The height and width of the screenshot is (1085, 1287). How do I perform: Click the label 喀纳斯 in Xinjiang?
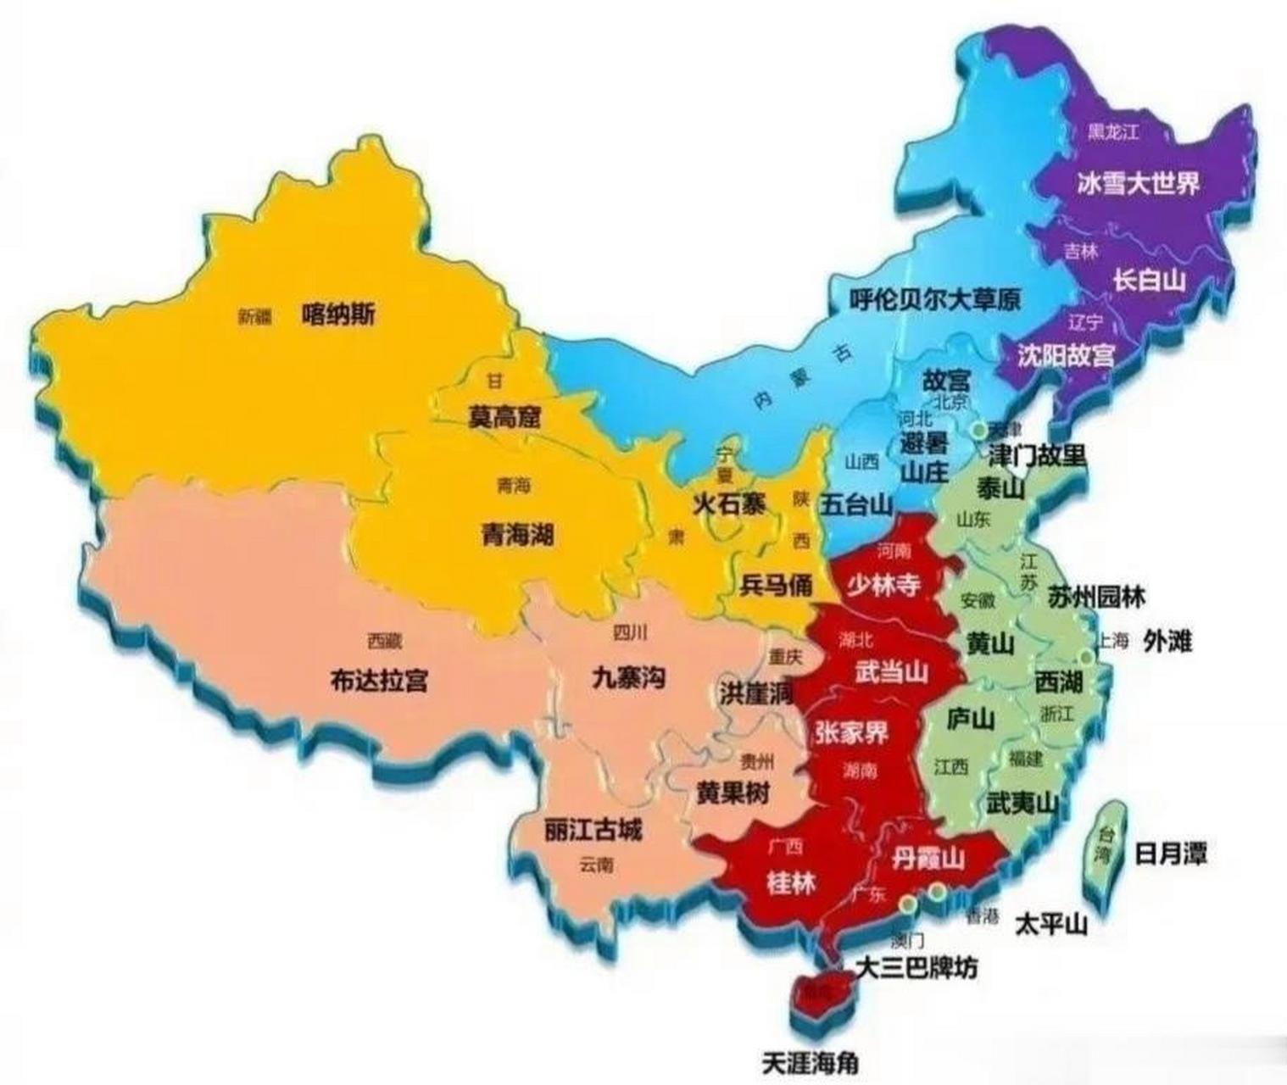tap(338, 315)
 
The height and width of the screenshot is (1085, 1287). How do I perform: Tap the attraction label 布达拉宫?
tap(379, 680)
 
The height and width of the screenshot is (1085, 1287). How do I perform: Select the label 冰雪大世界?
tap(1139, 183)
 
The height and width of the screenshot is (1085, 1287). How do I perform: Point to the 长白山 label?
tap(1149, 280)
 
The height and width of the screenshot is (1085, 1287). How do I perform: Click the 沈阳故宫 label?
tap(1066, 354)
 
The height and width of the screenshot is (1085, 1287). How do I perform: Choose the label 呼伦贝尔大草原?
tap(935, 298)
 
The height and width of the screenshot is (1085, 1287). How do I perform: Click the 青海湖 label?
tap(517, 534)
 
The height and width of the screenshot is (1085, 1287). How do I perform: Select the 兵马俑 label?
tap(776, 584)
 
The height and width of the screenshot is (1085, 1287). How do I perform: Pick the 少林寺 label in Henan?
tap(883, 584)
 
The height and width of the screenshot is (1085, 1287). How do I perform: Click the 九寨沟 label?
tap(628, 677)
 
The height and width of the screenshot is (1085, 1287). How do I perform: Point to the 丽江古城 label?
tap(593, 831)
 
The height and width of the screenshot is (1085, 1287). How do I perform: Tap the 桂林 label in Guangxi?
tap(790, 884)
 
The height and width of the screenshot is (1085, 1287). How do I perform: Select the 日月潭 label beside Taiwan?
tap(1170, 854)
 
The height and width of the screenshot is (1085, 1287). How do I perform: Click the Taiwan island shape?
tap(1103, 843)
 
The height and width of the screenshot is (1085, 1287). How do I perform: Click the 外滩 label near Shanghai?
tap(1167, 641)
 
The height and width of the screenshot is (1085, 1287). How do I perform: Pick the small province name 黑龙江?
tap(1113, 131)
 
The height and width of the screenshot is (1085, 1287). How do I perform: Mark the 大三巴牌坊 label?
tap(916, 966)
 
